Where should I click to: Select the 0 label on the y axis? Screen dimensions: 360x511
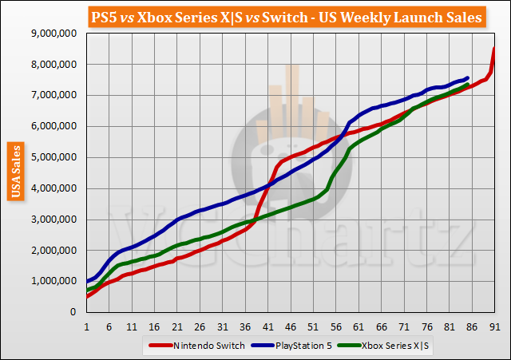73,312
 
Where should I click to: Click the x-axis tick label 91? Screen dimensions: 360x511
494,326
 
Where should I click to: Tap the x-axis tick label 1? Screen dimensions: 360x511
86,326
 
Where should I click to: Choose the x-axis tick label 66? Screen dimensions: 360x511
381,326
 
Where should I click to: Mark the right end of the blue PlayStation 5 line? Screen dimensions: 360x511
467,77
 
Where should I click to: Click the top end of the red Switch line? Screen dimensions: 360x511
494,48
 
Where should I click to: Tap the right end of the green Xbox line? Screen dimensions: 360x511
467,84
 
